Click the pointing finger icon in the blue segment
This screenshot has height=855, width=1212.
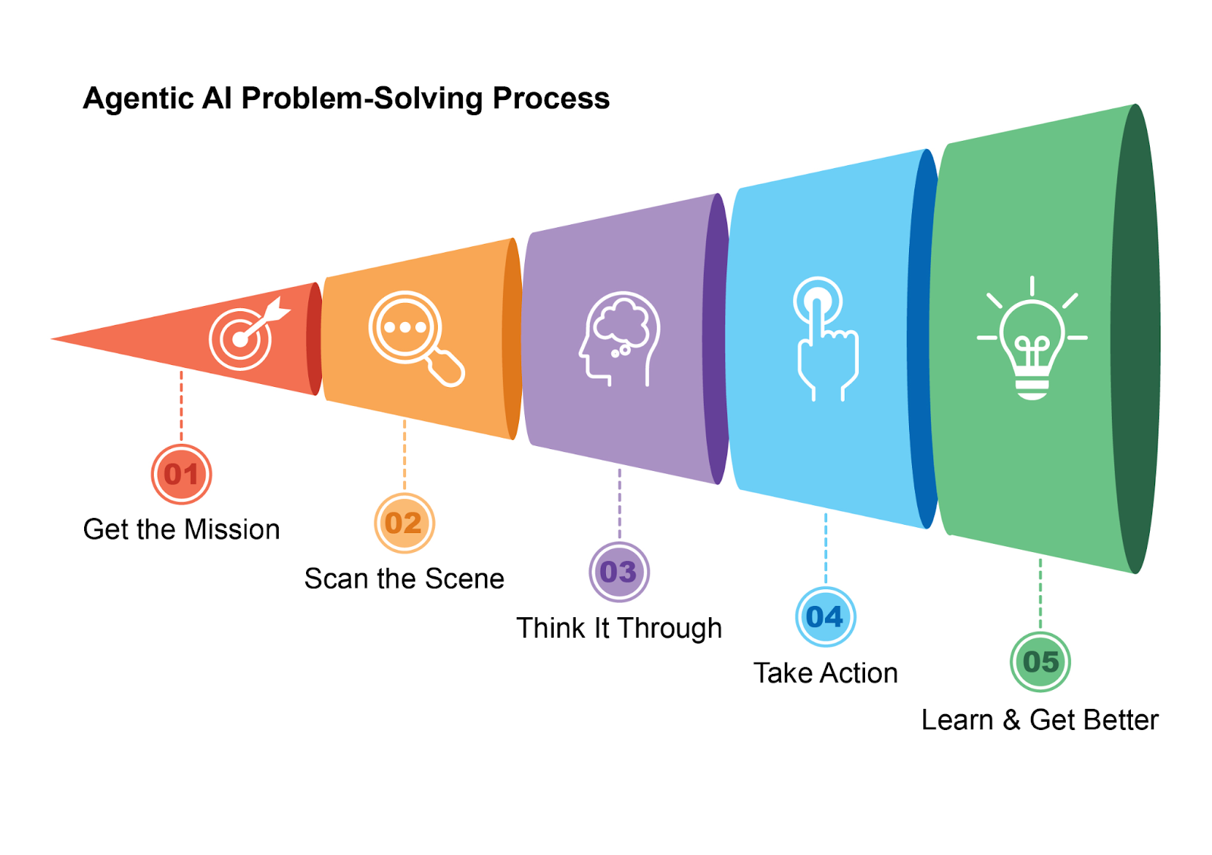823,337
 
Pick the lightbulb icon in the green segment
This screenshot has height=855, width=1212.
1032,341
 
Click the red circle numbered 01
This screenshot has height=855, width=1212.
181,474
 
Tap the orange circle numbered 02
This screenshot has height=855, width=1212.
404,523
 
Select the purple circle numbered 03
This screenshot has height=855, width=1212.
619,572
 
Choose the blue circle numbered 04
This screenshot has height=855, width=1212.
825,616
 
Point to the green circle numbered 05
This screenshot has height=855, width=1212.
1040,662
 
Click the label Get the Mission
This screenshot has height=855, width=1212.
181,529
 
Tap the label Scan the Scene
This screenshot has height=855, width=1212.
404,579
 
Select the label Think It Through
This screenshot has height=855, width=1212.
619,628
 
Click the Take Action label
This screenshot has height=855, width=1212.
825,673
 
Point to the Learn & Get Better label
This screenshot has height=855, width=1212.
1039,719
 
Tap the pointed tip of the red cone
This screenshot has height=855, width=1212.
56,339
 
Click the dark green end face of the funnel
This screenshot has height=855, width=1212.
1136,339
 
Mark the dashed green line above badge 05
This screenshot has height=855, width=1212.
1040,594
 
